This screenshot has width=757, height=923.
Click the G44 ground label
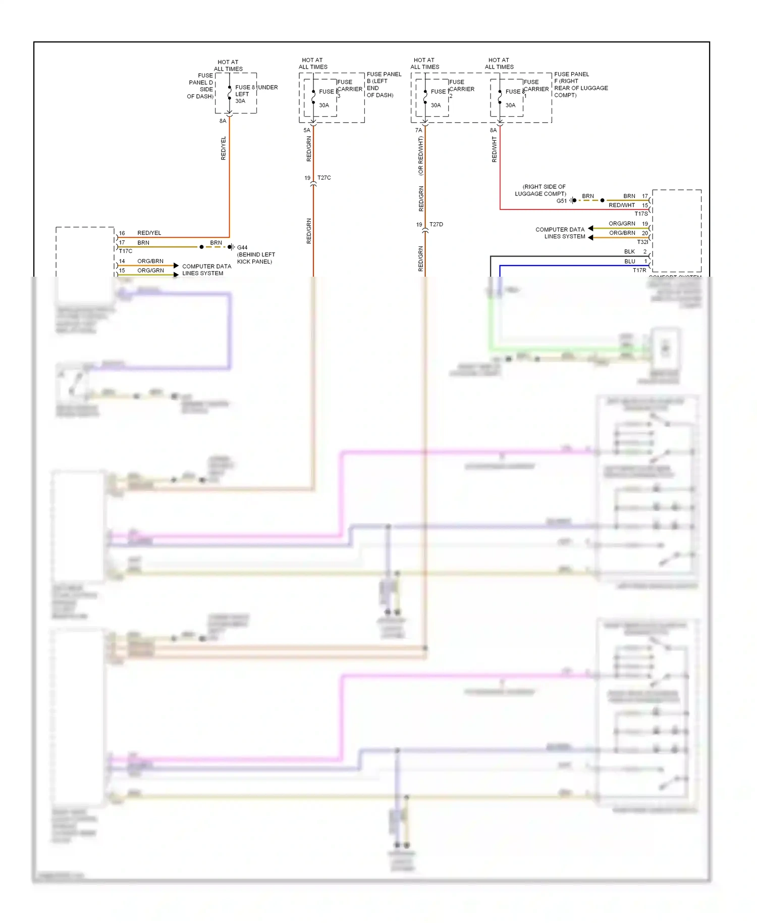click(242, 247)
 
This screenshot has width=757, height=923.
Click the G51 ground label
click(561, 201)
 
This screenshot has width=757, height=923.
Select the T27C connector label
click(324, 178)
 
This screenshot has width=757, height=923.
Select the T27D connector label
click(436, 224)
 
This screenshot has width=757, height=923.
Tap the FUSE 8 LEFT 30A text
click(244, 94)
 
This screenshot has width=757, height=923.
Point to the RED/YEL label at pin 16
click(149, 233)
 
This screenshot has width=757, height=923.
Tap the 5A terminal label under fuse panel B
click(306, 130)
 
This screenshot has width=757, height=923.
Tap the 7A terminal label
click(418, 130)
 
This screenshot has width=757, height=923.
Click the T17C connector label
click(126, 251)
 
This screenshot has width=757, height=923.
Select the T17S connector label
click(641, 214)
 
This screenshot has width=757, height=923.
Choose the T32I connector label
click(642, 242)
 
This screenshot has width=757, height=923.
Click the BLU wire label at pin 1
click(629, 261)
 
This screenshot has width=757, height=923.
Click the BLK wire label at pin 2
click(629, 251)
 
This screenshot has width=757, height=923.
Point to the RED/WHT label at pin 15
click(621, 205)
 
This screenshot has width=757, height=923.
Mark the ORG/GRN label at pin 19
click(621, 223)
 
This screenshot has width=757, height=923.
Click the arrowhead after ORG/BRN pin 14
click(176, 265)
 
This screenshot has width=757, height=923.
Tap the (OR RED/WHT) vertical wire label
click(420, 156)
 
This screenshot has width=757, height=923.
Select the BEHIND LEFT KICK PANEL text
click(256, 258)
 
